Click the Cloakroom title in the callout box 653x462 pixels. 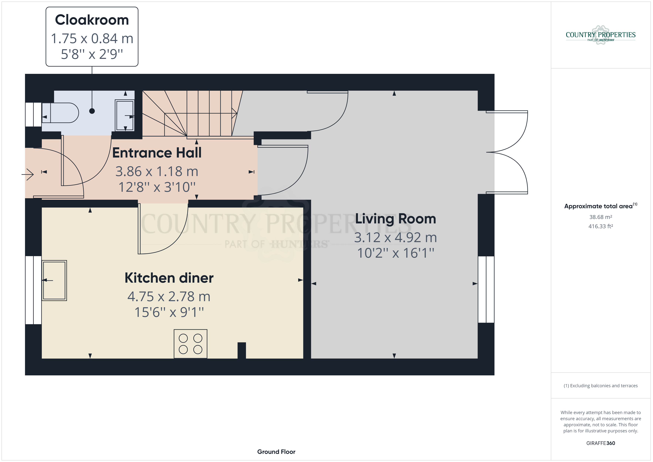tap(92, 20)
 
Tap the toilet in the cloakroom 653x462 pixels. tap(60, 113)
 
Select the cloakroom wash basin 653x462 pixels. tap(125, 115)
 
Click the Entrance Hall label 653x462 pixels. tap(157, 153)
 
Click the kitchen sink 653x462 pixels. tap(54, 280)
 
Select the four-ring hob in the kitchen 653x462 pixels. tap(191, 344)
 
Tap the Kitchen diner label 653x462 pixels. tap(169, 278)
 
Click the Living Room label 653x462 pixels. tap(396, 219)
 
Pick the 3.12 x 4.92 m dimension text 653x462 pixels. tap(396, 237)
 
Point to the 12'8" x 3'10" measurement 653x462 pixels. tap(157, 187)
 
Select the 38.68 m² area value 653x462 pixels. tap(601, 217)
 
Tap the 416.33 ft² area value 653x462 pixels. tap(601, 226)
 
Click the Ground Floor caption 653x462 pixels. tap(276, 452)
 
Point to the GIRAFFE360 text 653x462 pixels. tap(601, 443)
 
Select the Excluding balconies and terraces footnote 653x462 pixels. tap(601, 386)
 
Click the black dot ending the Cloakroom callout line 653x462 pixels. tap(92, 111)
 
